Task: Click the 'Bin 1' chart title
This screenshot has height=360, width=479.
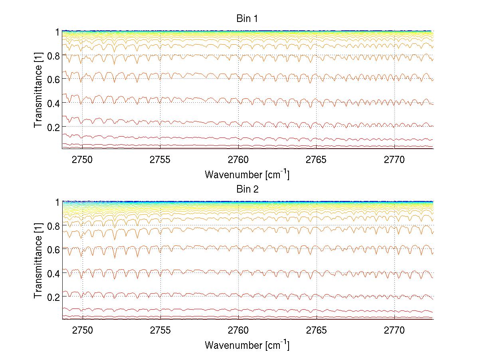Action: coord(247,18)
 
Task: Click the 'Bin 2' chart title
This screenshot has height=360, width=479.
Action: coord(247,189)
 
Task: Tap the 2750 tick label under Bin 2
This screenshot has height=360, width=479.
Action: coord(82,331)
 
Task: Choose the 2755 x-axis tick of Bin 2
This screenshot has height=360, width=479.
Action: coord(160,331)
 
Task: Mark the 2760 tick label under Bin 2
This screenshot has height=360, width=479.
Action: coord(238,331)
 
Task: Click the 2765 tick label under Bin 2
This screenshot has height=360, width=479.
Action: coord(316,331)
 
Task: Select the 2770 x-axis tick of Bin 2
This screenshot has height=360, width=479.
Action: coord(394,331)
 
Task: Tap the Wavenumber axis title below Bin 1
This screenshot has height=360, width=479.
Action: coord(247,174)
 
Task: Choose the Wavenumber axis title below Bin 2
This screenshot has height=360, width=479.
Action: coord(247,345)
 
